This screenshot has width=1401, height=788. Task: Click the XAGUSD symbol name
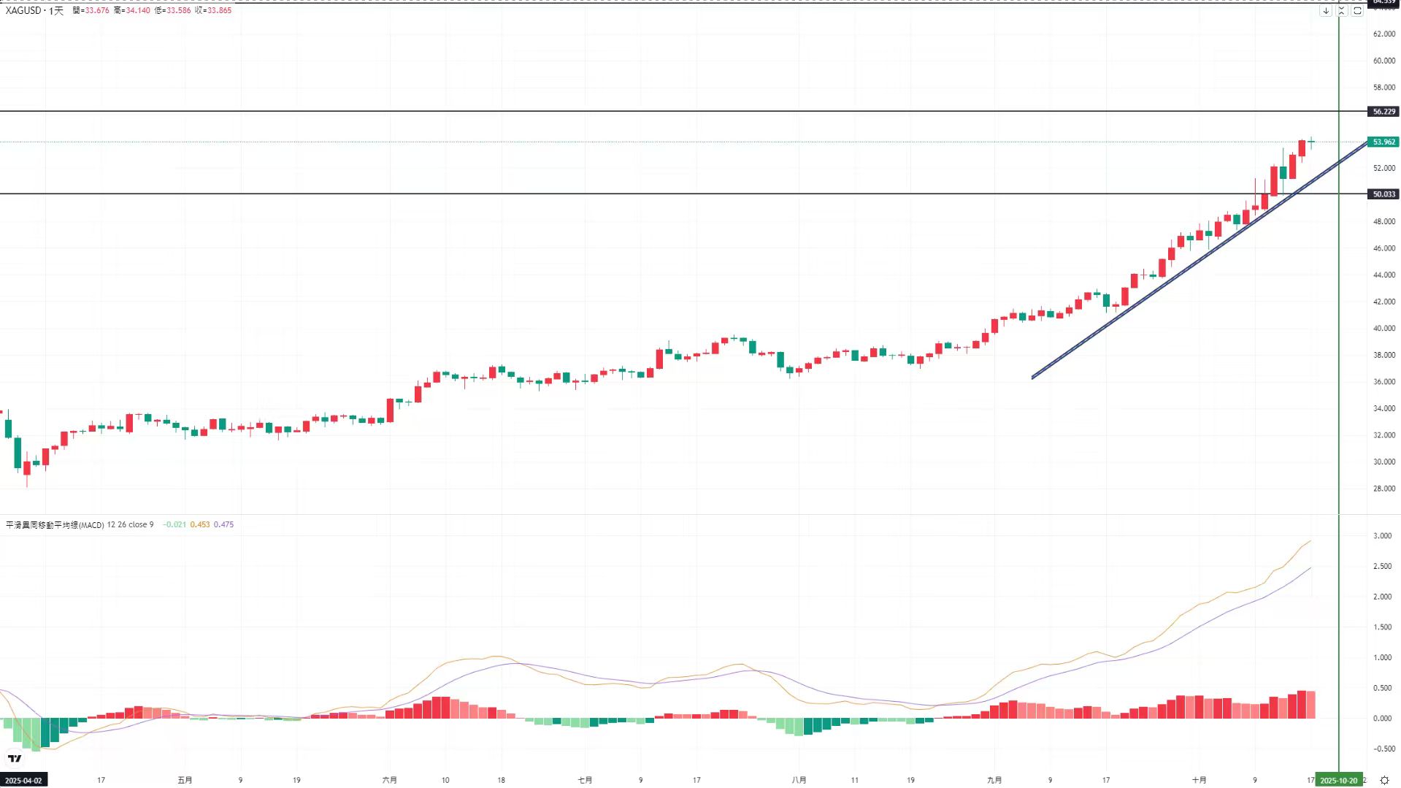click(x=23, y=10)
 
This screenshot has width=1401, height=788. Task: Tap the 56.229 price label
click(x=1383, y=112)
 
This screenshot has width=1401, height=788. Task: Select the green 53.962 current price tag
click(x=1383, y=142)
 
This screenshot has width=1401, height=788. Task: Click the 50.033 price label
click(x=1383, y=194)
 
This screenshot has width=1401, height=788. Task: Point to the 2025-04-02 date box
click(x=23, y=780)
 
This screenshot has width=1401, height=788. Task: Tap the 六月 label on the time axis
click(x=390, y=780)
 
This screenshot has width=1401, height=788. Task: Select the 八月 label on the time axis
click(x=799, y=780)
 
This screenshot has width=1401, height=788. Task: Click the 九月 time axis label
click(x=994, y=780)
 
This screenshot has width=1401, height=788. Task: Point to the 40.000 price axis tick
click(x=1383, y=329)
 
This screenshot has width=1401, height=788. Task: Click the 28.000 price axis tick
click(x=1383, y=489)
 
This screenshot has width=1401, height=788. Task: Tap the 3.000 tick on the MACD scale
click(x=1381, y=536)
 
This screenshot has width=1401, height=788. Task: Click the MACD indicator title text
click(x=55, y=524)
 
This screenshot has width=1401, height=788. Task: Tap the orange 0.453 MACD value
click(x=199, y=524)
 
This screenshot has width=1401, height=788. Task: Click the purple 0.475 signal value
click(x=223, y=524)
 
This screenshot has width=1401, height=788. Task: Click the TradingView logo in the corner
click(x=15, y=758)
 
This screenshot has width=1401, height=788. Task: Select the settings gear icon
click(x=1383, y=780)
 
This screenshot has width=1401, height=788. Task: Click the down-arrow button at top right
click(x=1326, y=11)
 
